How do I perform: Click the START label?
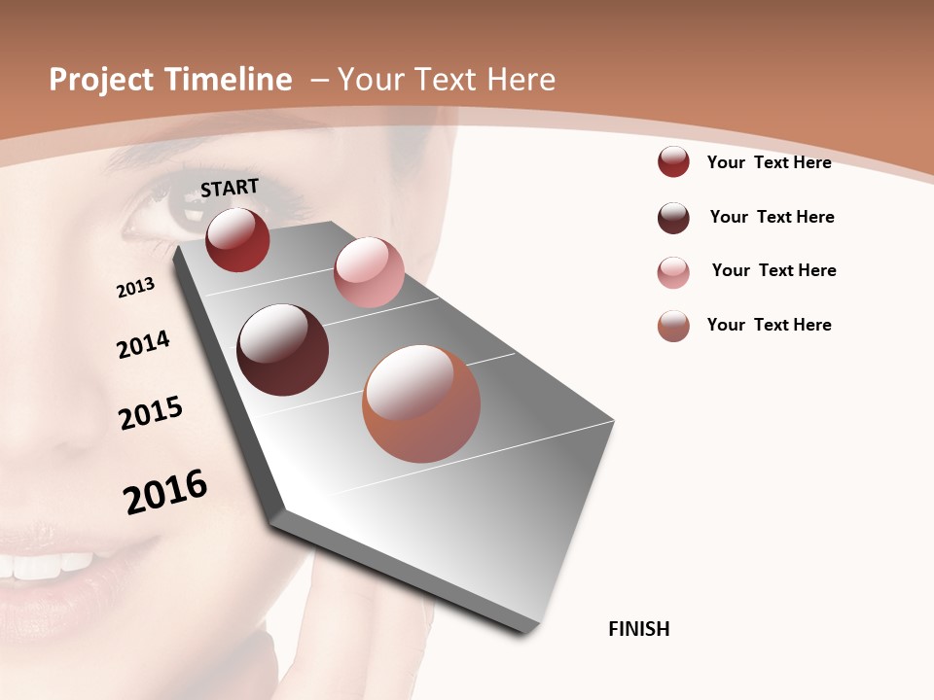click(230, 188)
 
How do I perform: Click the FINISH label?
click(639, 629)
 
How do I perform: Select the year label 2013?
click(135, 287)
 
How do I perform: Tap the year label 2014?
click(144, 344)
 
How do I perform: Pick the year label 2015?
click(151, 412)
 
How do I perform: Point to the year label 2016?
click(165, 491)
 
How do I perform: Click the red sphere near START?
click(237, 239)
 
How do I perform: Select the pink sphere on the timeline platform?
click(369, 272)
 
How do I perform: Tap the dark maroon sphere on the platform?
click(283, 350)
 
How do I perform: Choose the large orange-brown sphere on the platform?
click(421, 403)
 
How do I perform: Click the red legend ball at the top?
click(673, 161)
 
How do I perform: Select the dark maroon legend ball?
click(673, 218)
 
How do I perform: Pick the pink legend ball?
click(673, 272)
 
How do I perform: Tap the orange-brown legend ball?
click(673, 326)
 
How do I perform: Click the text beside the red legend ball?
click(769, 162)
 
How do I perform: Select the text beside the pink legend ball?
click(773, 270)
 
